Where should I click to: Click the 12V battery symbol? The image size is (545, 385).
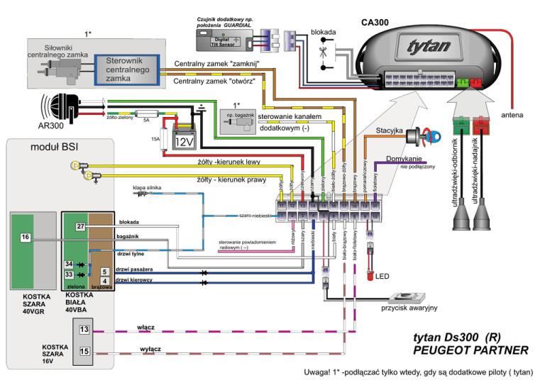point(185,141)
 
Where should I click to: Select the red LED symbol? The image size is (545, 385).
point(370,275)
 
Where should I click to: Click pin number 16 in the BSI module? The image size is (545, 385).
point(25,236)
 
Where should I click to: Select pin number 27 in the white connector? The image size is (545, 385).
point(80,226)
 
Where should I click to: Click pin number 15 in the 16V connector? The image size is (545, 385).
point(84,351)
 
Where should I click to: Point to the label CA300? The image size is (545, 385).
point(374,22)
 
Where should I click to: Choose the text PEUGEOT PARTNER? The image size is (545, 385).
point(470,350)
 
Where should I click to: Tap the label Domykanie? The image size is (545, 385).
point(404,157)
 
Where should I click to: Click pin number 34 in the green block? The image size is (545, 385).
point(69,264)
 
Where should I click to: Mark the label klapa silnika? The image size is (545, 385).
point(147,188)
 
